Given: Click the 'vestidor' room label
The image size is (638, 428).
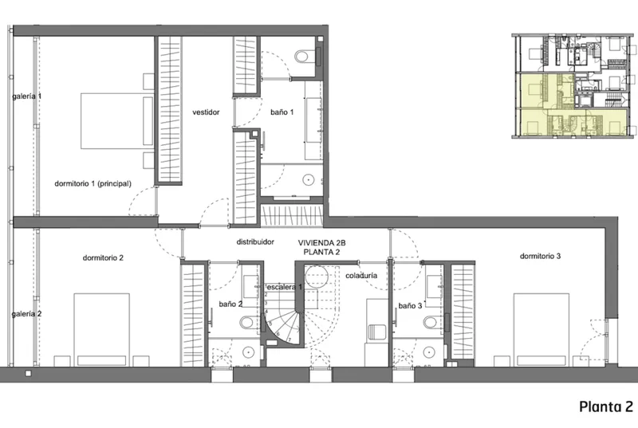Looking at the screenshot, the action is tap(206, 112).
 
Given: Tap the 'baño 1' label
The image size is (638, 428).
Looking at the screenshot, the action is tap(282, 112).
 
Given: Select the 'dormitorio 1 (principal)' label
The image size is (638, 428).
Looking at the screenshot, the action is tap(93, 184).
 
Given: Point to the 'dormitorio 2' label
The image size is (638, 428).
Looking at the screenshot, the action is tap(103, 257).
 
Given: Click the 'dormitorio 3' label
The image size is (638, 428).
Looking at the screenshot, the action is tap(540, 256).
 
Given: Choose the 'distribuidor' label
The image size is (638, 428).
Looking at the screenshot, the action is tap(255, 241).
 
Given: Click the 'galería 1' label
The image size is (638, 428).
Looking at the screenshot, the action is tap(26, 96).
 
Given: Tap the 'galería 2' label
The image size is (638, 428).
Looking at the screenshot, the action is tap(26, 314).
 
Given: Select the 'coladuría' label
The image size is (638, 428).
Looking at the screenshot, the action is tap(361, 276).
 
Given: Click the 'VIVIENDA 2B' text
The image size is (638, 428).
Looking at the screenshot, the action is tap(321, 243).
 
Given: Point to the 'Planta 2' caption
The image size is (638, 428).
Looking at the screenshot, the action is tap(606, 406).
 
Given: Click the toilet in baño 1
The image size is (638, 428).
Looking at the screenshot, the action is tap(306, 56).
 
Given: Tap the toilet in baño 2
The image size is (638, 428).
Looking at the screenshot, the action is tap(250, 323).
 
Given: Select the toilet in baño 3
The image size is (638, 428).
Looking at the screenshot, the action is tap(433, 323).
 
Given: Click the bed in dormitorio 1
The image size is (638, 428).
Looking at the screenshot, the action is tap(117, 120).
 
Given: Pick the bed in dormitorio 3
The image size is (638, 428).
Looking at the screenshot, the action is tap(541, 330).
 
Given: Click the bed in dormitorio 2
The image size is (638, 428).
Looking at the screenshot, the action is tap(102, 330).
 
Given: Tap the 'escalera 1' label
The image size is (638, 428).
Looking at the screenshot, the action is tap(284, 287).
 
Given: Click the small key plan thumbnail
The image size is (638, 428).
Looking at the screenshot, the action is tap(574, 86).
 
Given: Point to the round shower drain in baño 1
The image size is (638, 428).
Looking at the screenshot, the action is tap(309, 179).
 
